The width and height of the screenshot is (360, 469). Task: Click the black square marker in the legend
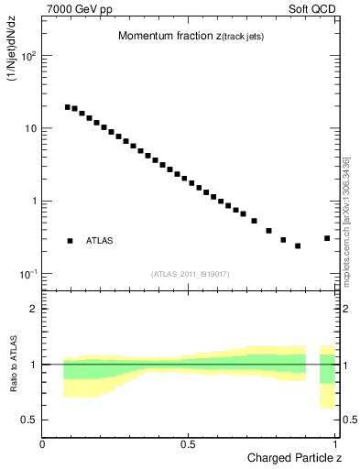(x=70, y=241)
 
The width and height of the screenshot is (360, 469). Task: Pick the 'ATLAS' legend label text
(x=99, y=241)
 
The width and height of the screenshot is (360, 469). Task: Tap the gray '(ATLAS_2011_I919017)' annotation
(x=190, y=274)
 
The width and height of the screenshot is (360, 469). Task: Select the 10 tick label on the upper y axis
(x=30, y=128)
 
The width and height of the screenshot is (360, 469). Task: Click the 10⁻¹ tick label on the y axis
(x=28, y=274)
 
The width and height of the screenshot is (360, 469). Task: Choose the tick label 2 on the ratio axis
(x=34, y=309)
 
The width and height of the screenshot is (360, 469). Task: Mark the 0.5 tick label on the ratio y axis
(x=30, y=420)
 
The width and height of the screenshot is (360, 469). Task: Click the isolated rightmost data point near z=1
(x=327, y=238)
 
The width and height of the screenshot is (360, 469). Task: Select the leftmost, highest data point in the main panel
(x=68, y=107)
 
